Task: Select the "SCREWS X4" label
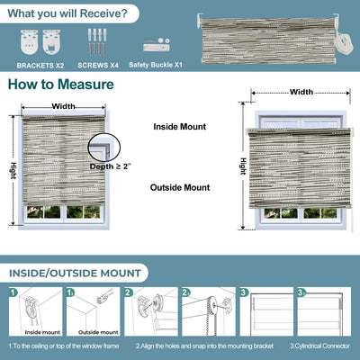[98, 66]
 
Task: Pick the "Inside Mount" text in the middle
[181, 127]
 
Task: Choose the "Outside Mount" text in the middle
[180, 187]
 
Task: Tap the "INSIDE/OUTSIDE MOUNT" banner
[76, 273]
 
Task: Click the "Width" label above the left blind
[63, 106]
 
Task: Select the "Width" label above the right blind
[301, 92]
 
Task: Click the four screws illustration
[98, 42]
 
